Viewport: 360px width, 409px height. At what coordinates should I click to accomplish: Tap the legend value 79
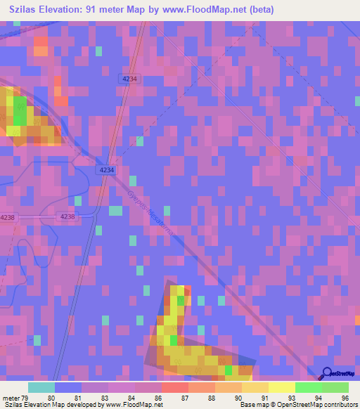pyautogui.click(x=26, y=397)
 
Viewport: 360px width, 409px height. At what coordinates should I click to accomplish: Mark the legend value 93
pyautogui.click(x=292, y=397)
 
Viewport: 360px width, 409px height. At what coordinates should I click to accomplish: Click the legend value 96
pyautogui.click(x=345, y=397)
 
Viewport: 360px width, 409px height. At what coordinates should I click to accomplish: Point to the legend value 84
pyautogui.click(x=131, y=397)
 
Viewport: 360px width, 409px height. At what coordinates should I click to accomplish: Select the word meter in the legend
pyautogui.click(x=11, y=397)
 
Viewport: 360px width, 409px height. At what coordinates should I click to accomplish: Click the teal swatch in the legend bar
pyautogui.click(x=41, y=387)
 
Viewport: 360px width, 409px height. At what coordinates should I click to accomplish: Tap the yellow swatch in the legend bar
pyautogui.click(x=281, y=387)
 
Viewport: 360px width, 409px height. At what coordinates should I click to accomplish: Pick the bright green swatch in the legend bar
pyautogui.click(x=308, y=387)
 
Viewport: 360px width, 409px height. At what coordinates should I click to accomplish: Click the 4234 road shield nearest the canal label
pyautogui.click(x=107, y=171)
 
